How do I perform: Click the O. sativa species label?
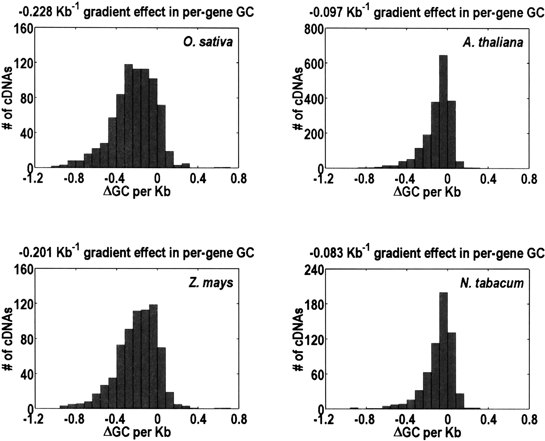pyautogui.click(x=208, y=42)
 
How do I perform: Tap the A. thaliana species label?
pyautogui.click(x=493, y=42)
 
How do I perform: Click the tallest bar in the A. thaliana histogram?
pyautogui.click(x=443, y=112)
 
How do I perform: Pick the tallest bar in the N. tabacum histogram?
pyautogui.click(x=443, y=351)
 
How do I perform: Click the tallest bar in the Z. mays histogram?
pyautogui.click(x=153, y=357)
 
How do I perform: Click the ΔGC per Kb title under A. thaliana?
pyautogui.click(x=427, y=192)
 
